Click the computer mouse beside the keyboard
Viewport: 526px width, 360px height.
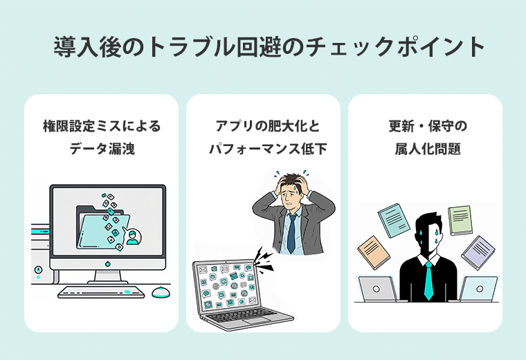161,291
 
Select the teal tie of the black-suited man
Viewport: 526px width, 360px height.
429,280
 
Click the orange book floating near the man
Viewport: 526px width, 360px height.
373,252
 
